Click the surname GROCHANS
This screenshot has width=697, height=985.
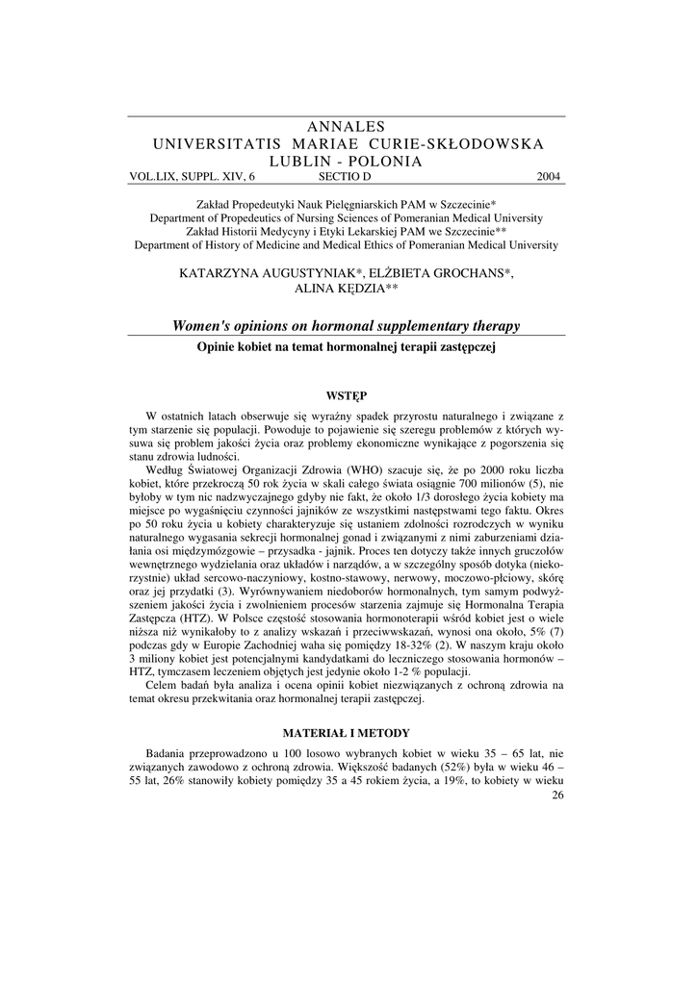(469, 273)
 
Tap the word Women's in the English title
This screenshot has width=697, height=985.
(204, 327)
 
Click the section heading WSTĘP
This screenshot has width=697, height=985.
(348, 395)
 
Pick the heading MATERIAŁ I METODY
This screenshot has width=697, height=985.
(348, 733)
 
